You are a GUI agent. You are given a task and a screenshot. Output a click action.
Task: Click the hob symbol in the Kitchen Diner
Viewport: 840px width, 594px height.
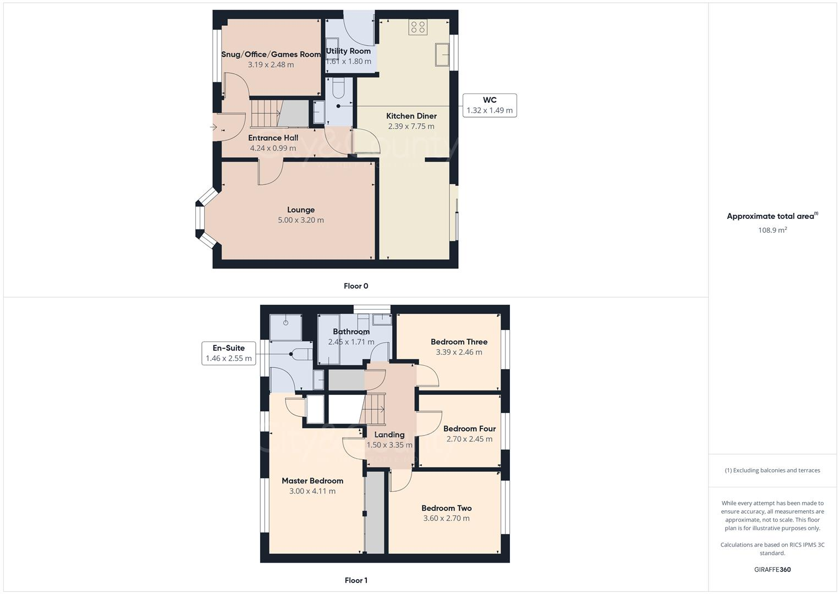(418, 27)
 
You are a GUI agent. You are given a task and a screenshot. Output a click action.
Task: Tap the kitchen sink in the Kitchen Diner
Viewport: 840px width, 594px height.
(442, 54)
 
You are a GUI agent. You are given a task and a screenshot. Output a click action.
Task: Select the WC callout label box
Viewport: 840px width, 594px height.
(489, 105)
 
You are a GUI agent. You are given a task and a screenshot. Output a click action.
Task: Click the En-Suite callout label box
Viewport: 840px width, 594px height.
(228, 353)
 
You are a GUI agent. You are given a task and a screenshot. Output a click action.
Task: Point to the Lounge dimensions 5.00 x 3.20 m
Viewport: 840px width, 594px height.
(300, 220)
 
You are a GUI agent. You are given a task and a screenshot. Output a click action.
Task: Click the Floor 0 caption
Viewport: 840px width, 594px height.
(356, 286)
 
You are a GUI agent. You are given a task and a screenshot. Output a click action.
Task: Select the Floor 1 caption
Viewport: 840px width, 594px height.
(356, 580)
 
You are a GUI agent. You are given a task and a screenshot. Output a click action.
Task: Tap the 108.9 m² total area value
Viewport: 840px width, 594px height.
(772, 230)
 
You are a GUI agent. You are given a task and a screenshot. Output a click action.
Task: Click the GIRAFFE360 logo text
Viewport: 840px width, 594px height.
(772, 570)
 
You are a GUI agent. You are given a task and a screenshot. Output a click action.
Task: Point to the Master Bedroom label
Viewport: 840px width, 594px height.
(312, 481)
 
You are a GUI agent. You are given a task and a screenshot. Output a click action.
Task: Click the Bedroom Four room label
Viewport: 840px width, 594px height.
(469, 428)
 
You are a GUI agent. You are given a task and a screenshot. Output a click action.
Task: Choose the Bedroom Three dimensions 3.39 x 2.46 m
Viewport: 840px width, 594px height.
(459, 352)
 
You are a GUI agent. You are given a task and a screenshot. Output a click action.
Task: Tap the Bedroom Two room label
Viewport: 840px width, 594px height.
(446, 508)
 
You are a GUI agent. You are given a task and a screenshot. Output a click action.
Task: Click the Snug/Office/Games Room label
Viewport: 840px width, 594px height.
(271, 54)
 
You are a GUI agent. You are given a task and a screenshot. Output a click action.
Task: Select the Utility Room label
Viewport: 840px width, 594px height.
(348, 51)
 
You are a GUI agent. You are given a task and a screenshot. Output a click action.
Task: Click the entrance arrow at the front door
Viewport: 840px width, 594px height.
(214, 128)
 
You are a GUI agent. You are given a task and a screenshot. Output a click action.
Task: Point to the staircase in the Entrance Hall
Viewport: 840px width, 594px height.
(266, 113)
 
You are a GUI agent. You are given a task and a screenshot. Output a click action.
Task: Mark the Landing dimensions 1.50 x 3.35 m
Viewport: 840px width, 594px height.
(389, 445)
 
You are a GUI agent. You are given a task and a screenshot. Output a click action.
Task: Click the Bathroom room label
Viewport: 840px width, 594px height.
(351, 332)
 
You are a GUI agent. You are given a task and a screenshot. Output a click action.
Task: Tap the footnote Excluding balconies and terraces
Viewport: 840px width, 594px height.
(772, 470)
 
